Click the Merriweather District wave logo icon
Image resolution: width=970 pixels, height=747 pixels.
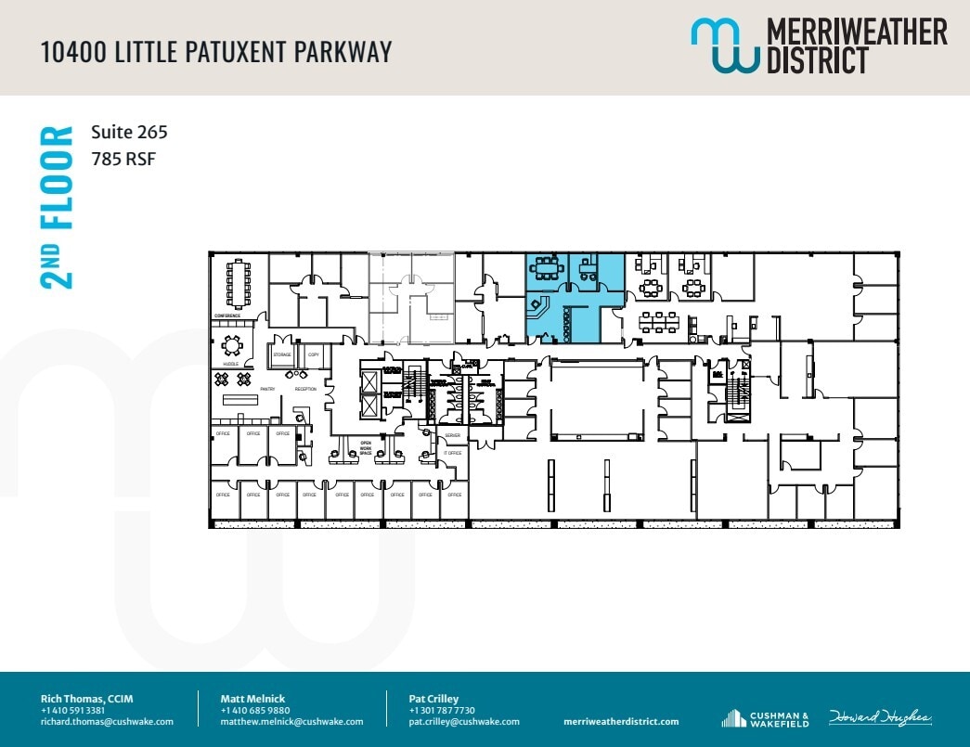(724, 45)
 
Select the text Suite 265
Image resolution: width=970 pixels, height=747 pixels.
(129, 133)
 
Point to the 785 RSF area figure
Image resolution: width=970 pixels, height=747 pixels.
(123, 159)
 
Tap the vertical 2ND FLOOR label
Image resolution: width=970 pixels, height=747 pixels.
(58, 206)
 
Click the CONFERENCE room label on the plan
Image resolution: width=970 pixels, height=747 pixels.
(227, 316)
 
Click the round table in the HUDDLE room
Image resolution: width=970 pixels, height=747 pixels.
(231, 346)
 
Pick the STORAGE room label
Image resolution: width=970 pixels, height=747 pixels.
(282, 354)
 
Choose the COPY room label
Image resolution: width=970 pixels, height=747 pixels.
(313, 354)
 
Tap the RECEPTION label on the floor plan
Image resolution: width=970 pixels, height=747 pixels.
(305, 389)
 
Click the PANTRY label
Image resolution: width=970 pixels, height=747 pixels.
(267, 389)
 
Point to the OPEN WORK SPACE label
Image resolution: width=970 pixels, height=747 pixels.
(367, 447)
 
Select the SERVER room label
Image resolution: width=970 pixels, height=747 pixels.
(452, 435)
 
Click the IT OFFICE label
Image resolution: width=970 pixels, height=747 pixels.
(452, 453)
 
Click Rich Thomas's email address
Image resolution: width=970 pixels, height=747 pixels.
(107, 721)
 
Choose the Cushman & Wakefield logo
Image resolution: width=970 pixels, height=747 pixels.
(766, 718)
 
